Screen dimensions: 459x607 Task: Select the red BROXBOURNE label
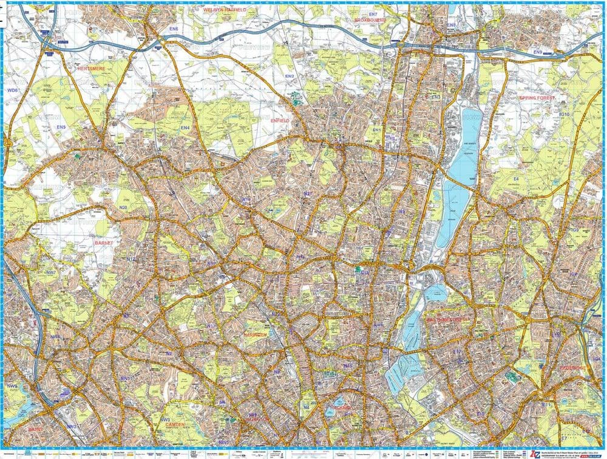[371, 20]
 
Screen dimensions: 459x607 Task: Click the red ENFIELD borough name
[280, 122]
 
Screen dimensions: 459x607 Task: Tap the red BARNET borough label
[104, 243]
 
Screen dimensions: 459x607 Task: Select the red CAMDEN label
[175, 424]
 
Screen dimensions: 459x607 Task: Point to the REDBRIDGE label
[573, 368]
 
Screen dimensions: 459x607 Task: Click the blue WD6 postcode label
[13, 91]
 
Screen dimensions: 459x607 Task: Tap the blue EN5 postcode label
[61, 127]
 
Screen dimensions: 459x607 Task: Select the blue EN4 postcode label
[185, 128]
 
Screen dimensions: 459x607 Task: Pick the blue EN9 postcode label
[537, 53]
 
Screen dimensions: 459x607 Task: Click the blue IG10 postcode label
[564, 114]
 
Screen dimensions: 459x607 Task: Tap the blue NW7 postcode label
[51, 273]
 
